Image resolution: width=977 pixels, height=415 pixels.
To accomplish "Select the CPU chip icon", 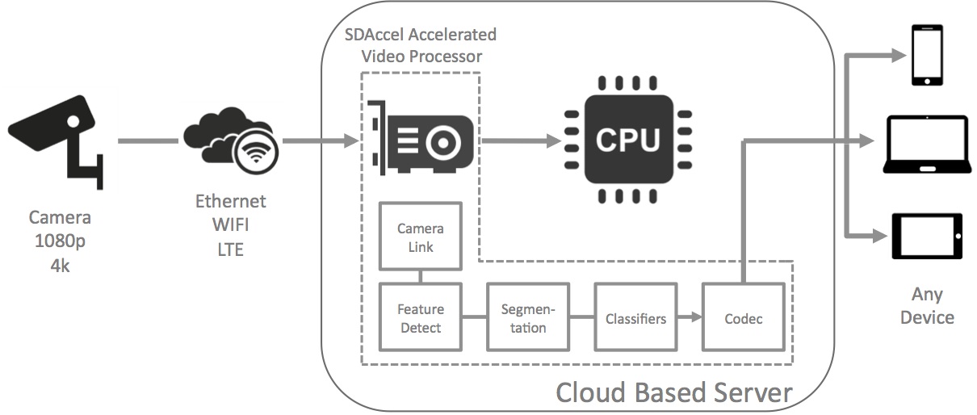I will click(628, 140).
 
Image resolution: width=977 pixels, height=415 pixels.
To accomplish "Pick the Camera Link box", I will click(421, 237).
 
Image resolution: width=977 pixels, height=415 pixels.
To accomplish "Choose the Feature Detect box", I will click(421, 318).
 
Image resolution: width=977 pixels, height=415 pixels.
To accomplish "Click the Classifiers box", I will click(635, 318).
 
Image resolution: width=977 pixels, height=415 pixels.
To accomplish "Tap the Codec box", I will click(744, 318).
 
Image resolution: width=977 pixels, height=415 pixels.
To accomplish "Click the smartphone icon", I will click(927, 55).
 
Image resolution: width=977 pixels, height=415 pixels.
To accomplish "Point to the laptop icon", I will click(926, 145).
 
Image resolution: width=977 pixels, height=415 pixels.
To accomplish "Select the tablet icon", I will click(927, 236).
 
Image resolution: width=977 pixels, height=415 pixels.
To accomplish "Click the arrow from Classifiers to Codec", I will click(688, 318).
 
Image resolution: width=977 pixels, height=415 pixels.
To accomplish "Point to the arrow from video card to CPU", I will click(521, 141).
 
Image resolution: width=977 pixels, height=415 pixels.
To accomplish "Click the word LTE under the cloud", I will click(230, 250).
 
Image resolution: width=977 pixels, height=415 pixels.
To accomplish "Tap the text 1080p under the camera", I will click(60, 241).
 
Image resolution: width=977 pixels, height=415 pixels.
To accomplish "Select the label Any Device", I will click(927, 305).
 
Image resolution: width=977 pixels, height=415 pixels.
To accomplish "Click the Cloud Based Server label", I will click(673, 392).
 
